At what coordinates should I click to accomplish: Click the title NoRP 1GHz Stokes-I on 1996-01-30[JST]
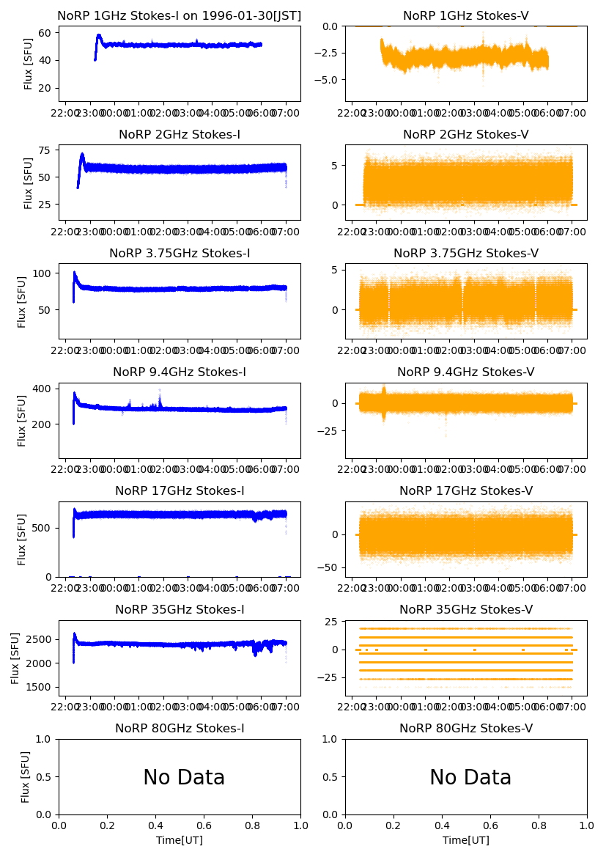click(x=180, y=15)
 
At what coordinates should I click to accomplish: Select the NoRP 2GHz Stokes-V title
click(x=466, y=134)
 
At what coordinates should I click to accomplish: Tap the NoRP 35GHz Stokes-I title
click(x=180, y=609)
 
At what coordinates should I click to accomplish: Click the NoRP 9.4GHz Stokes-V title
click(x=466, y=372)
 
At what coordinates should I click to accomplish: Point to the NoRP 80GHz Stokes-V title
click(x=466, y=728)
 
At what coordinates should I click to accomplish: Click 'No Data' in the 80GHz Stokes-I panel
click(x=184, y=777)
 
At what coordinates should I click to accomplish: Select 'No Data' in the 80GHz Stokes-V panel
click(x=470, y=777)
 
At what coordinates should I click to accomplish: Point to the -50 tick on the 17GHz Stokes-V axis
click(x=331, y=567)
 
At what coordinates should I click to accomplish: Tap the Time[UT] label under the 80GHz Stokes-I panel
click(x=180, y=840)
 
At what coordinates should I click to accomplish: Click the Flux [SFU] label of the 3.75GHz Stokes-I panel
click(x=23, y=301)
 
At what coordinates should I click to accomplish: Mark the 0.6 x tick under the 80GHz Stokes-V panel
click(x=490, y=825)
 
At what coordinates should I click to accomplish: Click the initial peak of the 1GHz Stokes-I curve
click(x=99, y=34)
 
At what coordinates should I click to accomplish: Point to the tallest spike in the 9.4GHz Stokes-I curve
click(x=160, y=390)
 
